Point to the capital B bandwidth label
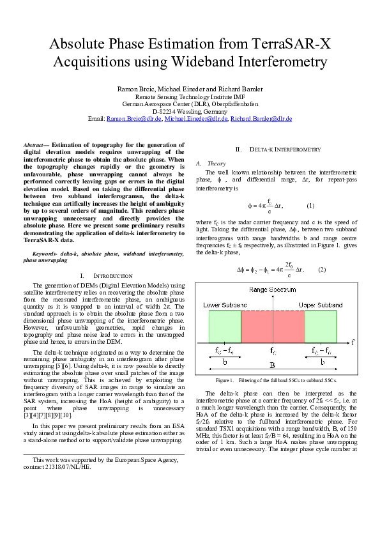[273, 366]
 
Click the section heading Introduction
[107, 275]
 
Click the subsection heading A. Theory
[207, 164]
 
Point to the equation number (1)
[311, 206]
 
